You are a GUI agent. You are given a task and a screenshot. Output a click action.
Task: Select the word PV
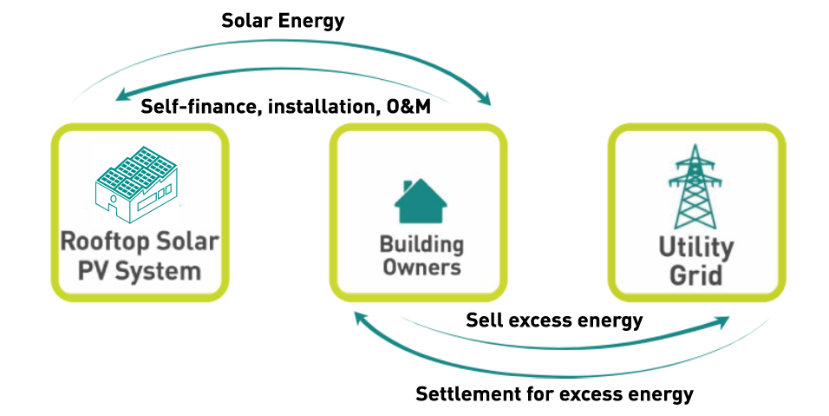pyautogui.click(x=94, y=271)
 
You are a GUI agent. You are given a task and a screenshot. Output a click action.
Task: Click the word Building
pyautogui.click(x=421, y=244)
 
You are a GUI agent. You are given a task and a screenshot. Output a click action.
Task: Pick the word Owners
pyautogui.click(x=421, y=267)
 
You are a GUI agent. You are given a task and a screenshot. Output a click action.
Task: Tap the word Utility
pyautogui.click(x=695, y=248)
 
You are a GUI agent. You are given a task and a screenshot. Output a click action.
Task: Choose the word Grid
pyautogui.click(x=695, y=277)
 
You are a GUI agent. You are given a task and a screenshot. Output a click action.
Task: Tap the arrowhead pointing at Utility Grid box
pyautogui.click(x=721, y=324)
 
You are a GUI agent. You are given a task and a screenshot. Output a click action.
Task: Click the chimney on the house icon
pyautogui.click(x=409, y=186)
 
